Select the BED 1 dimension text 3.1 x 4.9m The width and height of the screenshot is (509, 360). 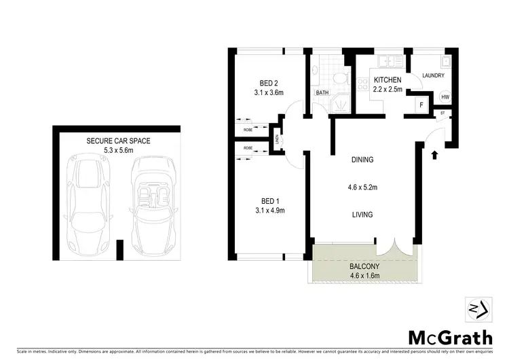(269, 211)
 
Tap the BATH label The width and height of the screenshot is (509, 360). (322, 92)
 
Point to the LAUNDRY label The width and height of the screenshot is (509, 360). (433, 76)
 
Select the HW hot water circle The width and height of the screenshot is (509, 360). (445, 97)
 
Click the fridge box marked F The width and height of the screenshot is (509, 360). (421, 105)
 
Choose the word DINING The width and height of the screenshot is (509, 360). (362, 160)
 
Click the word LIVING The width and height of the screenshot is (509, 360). (362, 215)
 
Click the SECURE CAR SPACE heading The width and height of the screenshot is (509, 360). (118, 141)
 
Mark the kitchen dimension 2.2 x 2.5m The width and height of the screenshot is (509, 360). (388, 88)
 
